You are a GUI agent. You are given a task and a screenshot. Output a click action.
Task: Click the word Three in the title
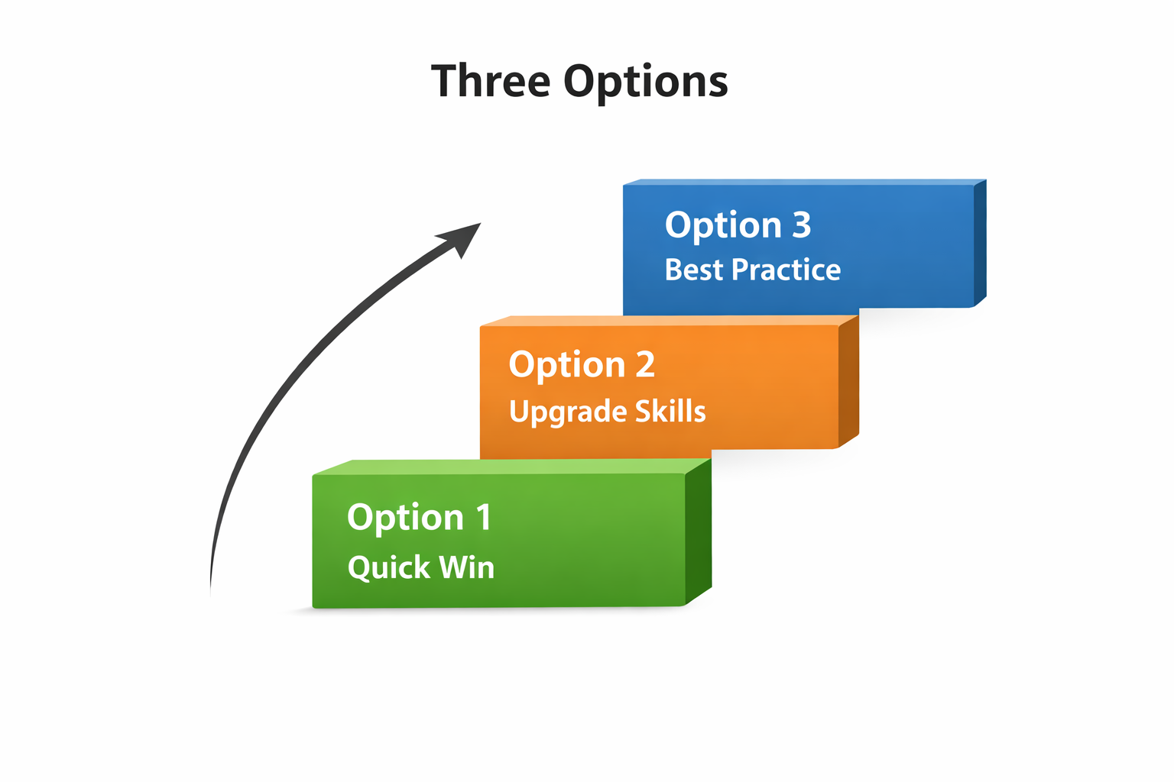(491, 81)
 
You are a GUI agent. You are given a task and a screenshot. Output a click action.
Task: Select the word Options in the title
(646, 83)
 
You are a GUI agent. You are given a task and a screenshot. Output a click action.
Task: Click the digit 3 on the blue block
(801, 225)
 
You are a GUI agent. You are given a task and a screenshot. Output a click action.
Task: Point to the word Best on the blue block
(694, 270)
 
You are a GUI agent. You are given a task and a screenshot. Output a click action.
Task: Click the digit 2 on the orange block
(645, 364)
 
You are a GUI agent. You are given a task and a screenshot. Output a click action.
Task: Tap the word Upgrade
(568, 412)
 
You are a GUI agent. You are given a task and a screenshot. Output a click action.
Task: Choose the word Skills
(670, 411)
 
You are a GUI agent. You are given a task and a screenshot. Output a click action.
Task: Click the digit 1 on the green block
(484, 517)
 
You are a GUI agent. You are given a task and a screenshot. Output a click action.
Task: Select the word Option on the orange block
(567, 366)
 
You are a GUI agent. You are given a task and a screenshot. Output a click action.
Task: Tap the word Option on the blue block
(723, 226)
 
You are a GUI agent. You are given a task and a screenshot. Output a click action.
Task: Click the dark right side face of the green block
(698, 531)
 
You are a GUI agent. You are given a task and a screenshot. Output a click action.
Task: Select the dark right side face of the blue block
(980, 243)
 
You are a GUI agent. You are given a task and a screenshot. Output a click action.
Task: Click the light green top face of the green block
(512, 467)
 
